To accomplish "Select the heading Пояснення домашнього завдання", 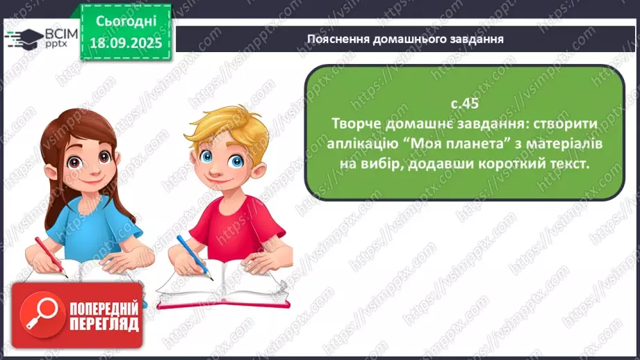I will [x=405, y=38].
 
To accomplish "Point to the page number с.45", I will [x=465, y=104].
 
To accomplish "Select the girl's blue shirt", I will [x=90, y=222].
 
